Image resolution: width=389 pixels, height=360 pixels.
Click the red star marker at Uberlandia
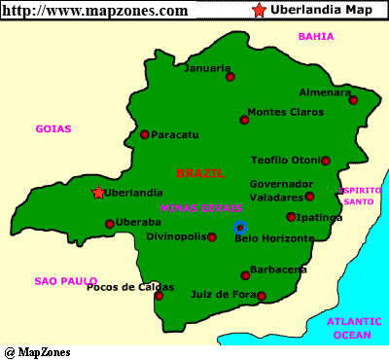(x=97, y=193)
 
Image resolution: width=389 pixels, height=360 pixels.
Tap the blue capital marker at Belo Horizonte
(x=240, y=228)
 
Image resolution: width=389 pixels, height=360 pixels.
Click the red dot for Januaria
(x=230, y=76)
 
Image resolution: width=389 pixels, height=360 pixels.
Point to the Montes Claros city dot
(x=244, y=121)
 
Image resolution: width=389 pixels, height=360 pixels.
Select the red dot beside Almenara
(x=354, y=99)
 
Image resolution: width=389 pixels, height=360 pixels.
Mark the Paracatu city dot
(x=145, y=135)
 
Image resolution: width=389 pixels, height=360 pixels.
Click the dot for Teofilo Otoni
(x=326, y=161)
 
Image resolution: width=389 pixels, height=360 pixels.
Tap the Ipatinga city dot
(x=291, y=217)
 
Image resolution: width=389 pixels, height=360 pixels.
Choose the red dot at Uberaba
(x=109, y=224)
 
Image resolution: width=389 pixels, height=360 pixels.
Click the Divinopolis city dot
(x=212, y=236)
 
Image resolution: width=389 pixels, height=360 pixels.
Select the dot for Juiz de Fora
(x=264, y=297)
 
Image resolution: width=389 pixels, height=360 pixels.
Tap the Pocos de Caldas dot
(x=159, y=295)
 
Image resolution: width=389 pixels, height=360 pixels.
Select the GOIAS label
(x=53, y=128)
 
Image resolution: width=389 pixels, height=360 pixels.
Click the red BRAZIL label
(x=199, y=173)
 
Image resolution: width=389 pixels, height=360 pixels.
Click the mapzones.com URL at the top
(x=95, y=11)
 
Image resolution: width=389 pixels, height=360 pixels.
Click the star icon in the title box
(x=259, y=11)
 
